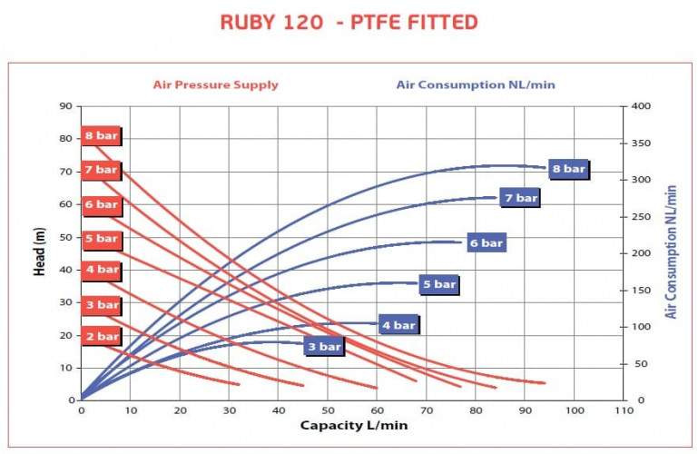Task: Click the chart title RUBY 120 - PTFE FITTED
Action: [x=349, y=22]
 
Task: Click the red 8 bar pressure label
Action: [x=101, y=136]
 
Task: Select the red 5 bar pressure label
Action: [x=101, y=238]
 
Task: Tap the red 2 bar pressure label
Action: [x=101, y=336]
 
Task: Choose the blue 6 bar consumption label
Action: [x=486, y=242]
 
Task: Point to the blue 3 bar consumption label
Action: [x=323, y=346]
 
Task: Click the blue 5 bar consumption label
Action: [x=439, y=284]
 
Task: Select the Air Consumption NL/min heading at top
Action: [x=475, y=85]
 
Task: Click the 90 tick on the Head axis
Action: [x=65, y=106]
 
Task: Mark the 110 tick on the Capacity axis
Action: [x=623, y=410]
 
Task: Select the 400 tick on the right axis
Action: [x=642, y=106]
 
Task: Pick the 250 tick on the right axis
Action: [x=642, y=216]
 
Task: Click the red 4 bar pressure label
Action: [x=101, y=270]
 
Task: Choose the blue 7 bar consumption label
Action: [x=521, y=197]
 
